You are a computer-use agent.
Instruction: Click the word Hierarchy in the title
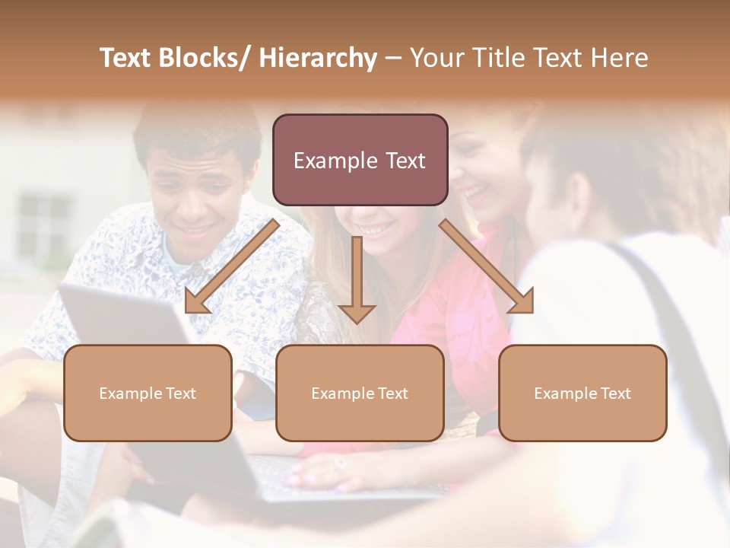click(317, 58)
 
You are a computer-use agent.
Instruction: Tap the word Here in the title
click(620, 58)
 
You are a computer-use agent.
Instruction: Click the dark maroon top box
click(360, 160)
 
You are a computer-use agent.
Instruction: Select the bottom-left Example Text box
click(148, 393)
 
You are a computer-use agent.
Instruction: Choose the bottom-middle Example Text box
click(359, 393)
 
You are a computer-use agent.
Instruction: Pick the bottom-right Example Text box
click(582, 393)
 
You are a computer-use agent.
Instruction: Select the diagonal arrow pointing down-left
click(231, 266)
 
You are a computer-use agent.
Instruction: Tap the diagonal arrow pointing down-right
click(487, 266)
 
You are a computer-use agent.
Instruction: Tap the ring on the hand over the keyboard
click(339, 462)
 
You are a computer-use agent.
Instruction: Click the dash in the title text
click(393, 58)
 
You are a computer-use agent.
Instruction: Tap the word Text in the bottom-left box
click(179, 393)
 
